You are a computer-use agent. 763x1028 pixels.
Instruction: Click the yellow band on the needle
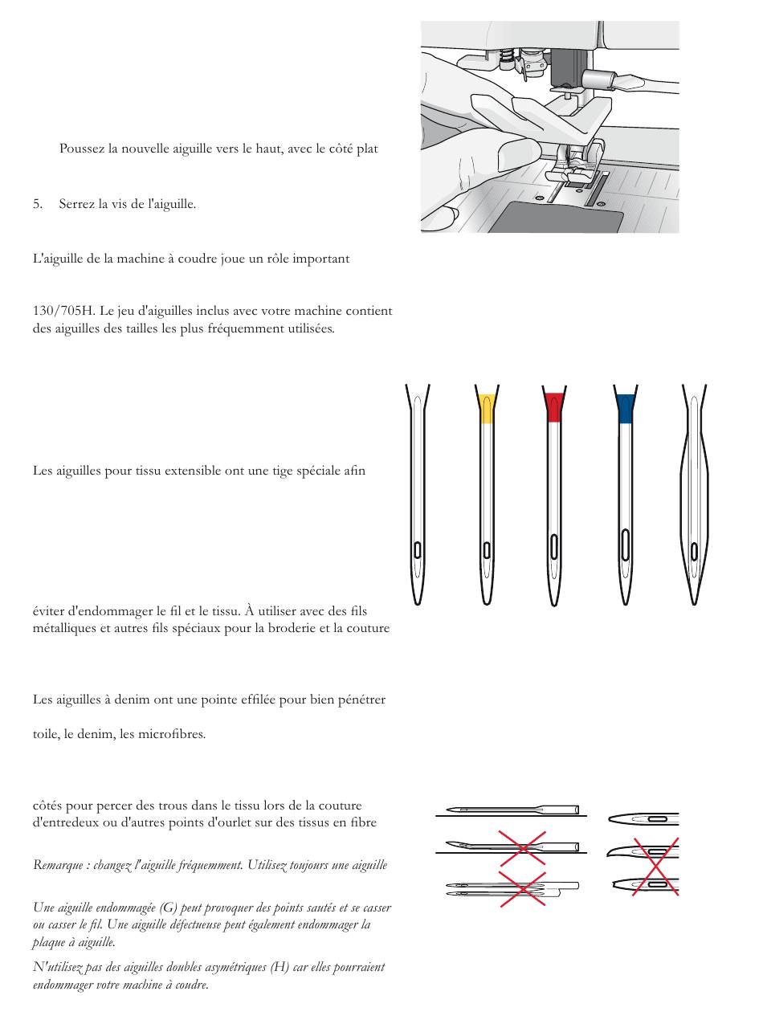(x=486, y=408)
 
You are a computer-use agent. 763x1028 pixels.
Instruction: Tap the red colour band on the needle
(x=553, y=408)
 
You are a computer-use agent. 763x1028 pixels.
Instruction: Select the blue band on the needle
(x=625, y=408)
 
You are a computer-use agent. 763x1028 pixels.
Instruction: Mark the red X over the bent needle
(x=523, y=848)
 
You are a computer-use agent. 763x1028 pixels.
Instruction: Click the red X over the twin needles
(x=523, y=888)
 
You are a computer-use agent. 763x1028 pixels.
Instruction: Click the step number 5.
(x=37, y=204)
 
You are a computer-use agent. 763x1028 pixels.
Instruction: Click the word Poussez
(x=80, y=149)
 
